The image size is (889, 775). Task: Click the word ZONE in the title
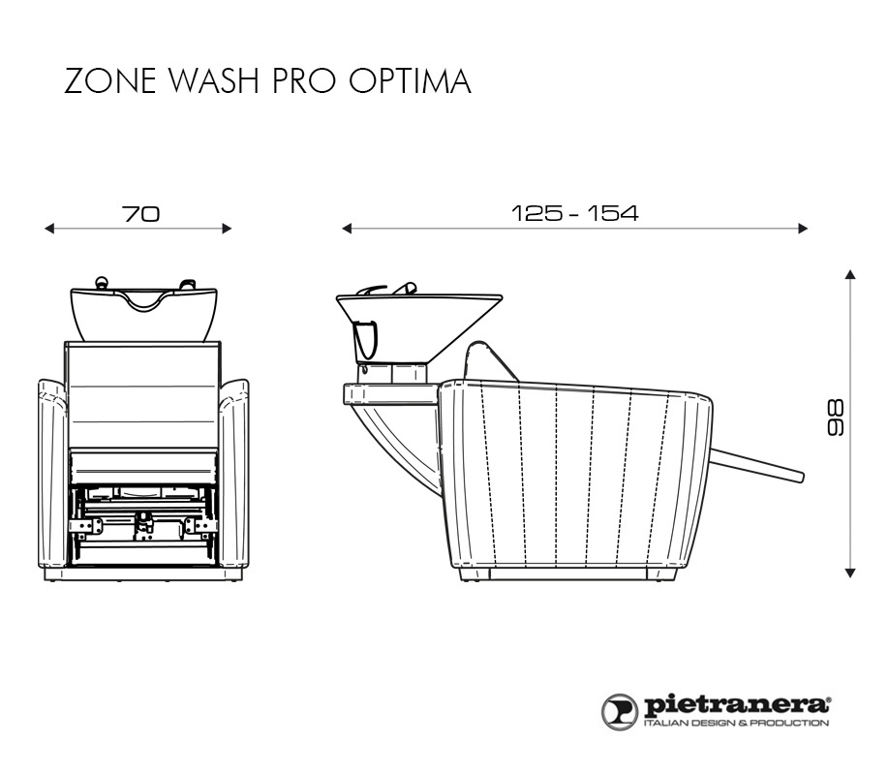point(110,80)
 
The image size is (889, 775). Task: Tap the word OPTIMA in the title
point(410,80)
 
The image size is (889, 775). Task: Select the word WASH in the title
point(215,80)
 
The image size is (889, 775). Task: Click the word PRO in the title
point(304,80)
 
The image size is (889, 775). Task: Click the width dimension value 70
point(140,214)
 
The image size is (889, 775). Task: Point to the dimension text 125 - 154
point(574,213)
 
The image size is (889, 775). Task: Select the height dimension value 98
point(836,418)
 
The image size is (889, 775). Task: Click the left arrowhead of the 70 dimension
point(48,229)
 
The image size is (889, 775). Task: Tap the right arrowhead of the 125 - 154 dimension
point(803,229)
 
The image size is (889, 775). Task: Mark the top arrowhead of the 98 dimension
point(850,274)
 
